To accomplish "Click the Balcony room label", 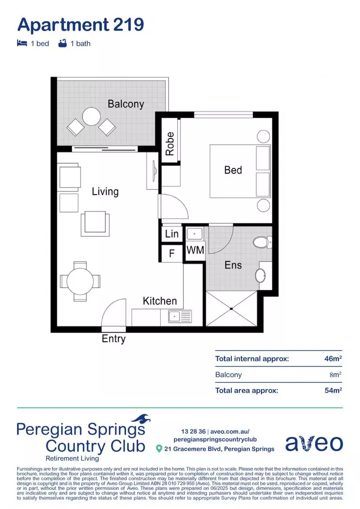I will (126, 104).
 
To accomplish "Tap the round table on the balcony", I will (91, 116).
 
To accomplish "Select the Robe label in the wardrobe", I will (170, 144).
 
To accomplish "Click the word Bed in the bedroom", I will (233, 170).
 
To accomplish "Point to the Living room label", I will (105, 191).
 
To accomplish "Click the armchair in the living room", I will (96, 223).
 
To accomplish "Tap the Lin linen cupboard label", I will (172, 234).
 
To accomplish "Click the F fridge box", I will (172, 254).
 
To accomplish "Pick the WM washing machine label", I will (195, 250).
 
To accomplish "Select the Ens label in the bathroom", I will (233, 265).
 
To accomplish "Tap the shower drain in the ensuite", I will (231, 309).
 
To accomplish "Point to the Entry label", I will (114, 338).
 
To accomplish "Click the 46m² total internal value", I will (333, 359).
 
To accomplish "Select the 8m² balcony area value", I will (335, 375).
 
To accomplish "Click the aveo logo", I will (314, 443).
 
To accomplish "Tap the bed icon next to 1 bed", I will (22, 43).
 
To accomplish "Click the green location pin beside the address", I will (159, 449).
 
